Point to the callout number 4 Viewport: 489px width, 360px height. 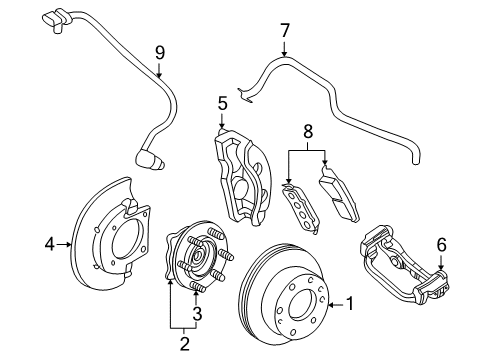(48, 241)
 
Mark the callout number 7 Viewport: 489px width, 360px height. (284, 30)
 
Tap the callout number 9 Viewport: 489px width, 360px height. (159, 52)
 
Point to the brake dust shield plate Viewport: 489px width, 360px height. (110, 240)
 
